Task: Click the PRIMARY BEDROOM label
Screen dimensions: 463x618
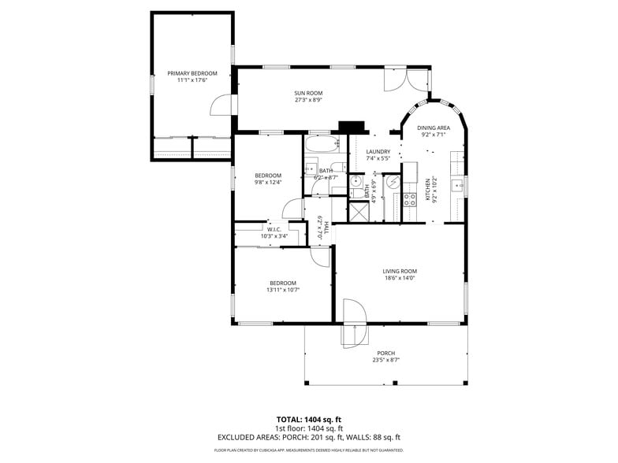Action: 192,73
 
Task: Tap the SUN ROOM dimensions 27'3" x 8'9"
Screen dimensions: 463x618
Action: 309,100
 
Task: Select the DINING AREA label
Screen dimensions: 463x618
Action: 434,128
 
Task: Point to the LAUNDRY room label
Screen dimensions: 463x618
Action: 378,151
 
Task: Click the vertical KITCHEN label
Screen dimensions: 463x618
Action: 428,188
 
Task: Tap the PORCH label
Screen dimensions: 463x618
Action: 385,353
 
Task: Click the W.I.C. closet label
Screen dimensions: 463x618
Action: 274,229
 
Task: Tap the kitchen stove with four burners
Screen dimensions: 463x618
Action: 410,199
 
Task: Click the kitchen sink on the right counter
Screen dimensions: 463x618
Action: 456,186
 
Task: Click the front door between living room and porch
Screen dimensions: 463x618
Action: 353,323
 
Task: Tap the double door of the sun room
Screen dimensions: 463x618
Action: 407,79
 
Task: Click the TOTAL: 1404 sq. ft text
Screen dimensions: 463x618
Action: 308,419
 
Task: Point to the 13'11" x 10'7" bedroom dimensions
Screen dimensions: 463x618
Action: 283,290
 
